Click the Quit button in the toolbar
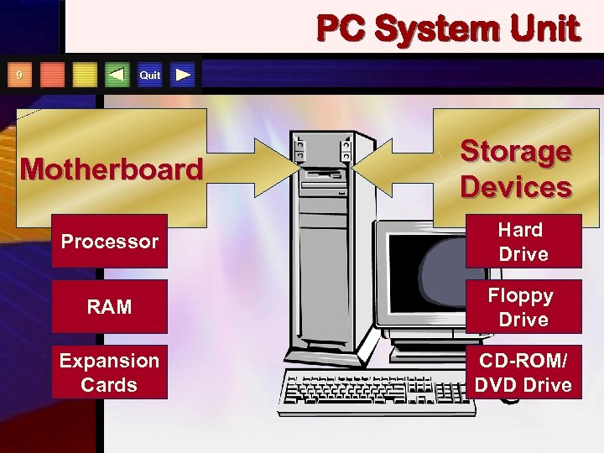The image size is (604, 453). pyautogui.click(x=150, y=75)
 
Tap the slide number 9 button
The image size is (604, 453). pyautogui.click(x=19, y=75)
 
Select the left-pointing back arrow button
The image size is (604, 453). pyautogui.click(x=117, y=75)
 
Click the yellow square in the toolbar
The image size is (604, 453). pyautogui.click(x=85, y=75)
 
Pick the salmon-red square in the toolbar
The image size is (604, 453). pyautogui.click(x=52, y=75)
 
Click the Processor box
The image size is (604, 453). pyautogui.click(x=109, y=242)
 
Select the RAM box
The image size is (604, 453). pyautogui.click(x=109, y=307)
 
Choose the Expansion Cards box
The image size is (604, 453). pyautogui.click(x=109, y=372)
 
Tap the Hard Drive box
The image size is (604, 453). pyautogui.click(x=522, y=242)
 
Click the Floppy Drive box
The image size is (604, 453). pyautogui.click(x=522, y=307)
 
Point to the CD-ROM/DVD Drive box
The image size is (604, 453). pyautogui.click(x=522, y=372)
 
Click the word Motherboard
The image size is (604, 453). pyautogui.click(x=112, y=169)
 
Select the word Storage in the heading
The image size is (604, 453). pyautogui.click(x=516, y=152)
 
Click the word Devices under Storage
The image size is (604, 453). pyautogui.click(x=516, y=186)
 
